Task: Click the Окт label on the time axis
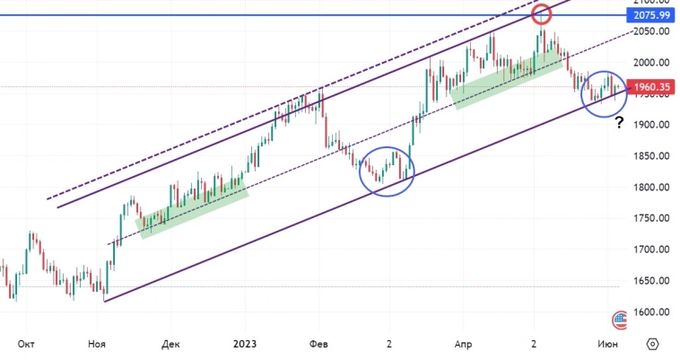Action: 26,344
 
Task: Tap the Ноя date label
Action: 98,344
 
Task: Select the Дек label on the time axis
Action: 171,344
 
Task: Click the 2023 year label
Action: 245,344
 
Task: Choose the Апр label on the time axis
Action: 462,344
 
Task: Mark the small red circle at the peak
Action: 541,14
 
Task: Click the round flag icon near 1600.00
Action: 619,318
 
